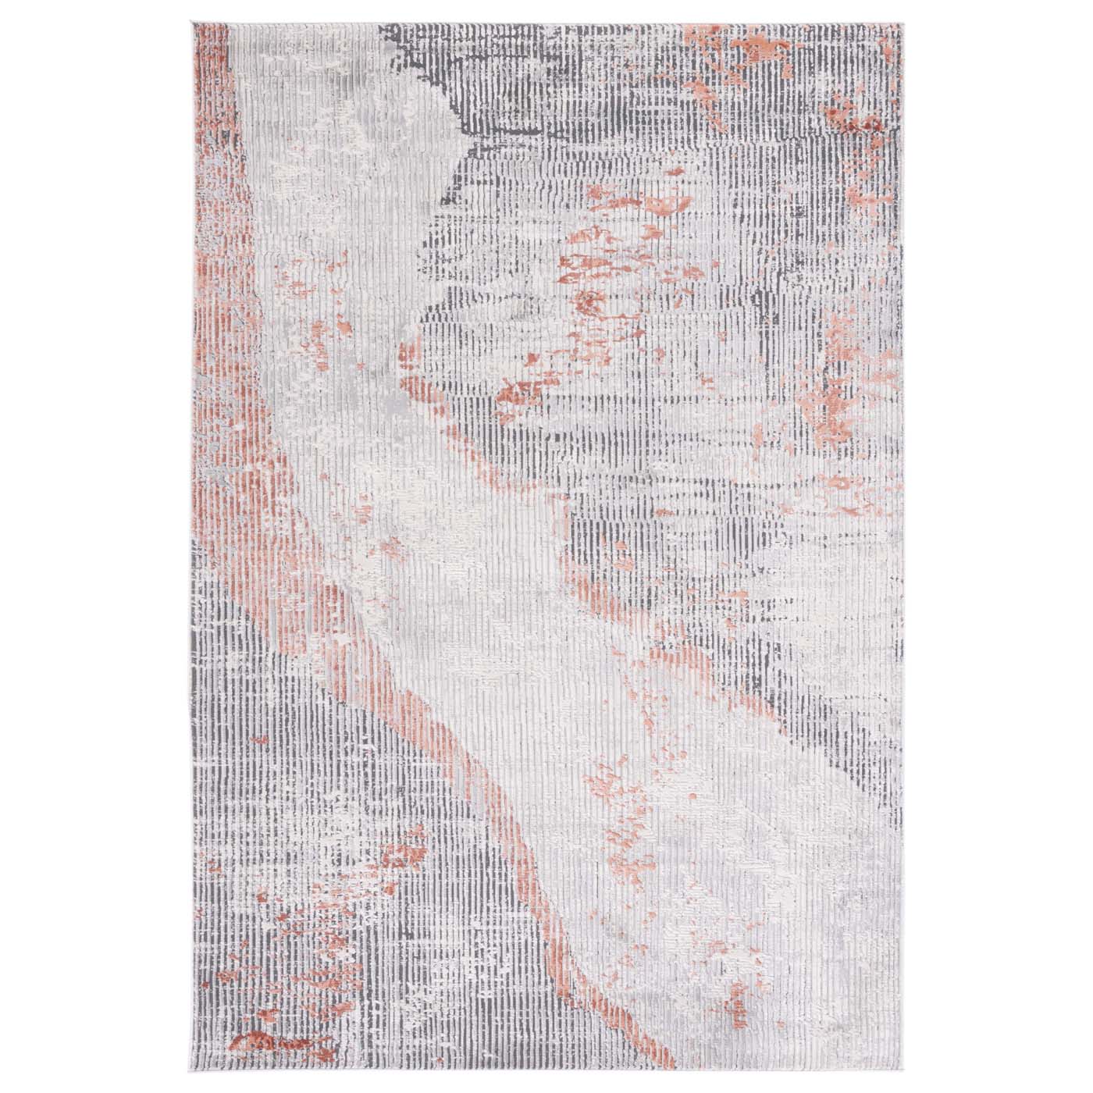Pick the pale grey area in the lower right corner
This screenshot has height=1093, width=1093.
click(x=820, y=976)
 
